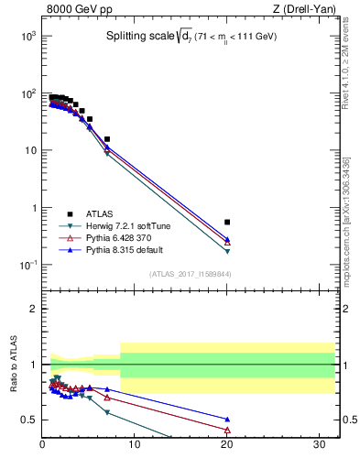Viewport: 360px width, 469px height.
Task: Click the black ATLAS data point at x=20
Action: (x=227, y=222)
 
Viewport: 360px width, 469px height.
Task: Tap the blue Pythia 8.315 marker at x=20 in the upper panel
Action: (x=227, y=238)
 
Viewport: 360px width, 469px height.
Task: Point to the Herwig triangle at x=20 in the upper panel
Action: (x=227, y=251)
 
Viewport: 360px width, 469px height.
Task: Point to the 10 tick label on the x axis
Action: (x=135, y=446)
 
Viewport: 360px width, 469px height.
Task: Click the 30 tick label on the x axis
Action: (x=320, y=446)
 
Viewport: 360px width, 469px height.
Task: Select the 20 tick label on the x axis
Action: (x=227, y=446)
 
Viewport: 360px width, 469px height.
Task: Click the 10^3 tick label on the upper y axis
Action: (x=27, y=36)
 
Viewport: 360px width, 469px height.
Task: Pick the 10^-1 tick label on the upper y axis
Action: (x=27, y=266)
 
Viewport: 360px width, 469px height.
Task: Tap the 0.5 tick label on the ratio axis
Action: (x=29, y=420)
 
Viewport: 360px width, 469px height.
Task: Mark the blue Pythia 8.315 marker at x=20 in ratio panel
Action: (x=227, y=419)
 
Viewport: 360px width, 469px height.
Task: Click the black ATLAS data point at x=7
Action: (x=107, y=139)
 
